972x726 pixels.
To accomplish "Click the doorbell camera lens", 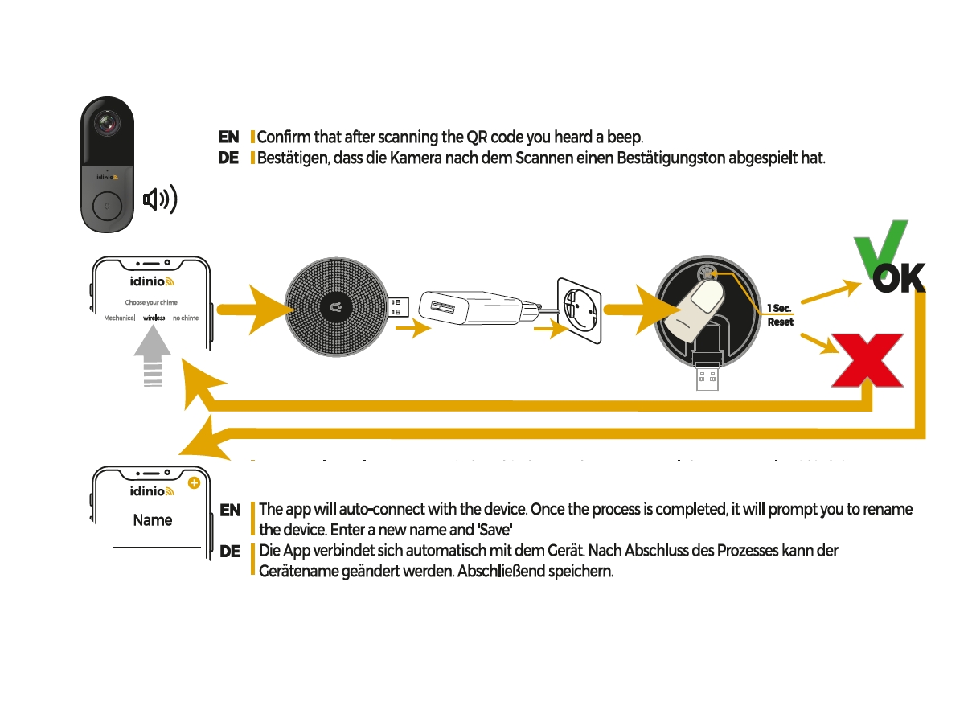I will pyautogui.click(x=107, y=124).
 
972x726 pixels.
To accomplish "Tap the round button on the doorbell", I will pyautogui.click(x=107, y=206).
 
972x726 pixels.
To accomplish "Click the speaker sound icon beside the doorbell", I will pyautogui.click(x=159, y=199).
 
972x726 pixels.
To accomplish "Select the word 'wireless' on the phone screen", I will pyautogui.click(x=154, y=318).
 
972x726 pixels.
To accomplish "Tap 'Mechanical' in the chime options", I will pyautogui.click(x=119, y=318).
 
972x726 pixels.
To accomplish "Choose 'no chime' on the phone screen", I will pyautogui.click(x=186, y=318).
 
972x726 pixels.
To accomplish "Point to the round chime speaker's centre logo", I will pyautogui.click(x=336, y=307).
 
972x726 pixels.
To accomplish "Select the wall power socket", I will pyautogui.click(x=580, y=310).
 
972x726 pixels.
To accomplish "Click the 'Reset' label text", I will pyautogui.click(x=780, y=322).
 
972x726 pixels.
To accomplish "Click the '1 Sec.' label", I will pyautogui.click(x=779, y=308).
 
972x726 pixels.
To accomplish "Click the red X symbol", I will pyautogui.click(x=867, y=360).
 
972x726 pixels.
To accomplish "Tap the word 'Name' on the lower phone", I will pyautogui.click(x=153, y=520).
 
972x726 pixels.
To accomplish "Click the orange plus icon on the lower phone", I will pyautogui.click(x=194, y=483).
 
